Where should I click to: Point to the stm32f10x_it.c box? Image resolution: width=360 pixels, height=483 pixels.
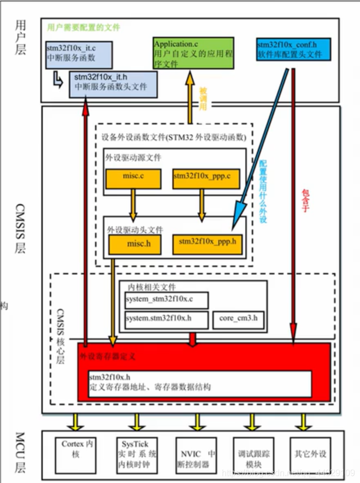[x=79, y=52]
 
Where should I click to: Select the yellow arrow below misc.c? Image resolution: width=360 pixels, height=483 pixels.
[x=132, y=203]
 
